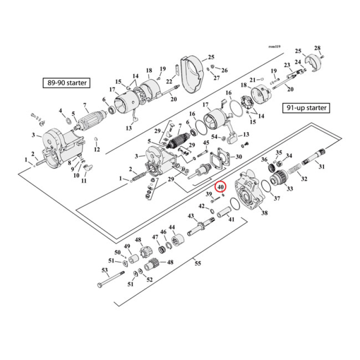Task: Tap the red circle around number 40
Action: pyautogui.click(x=220, y=186)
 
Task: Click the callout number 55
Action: pyautogui.click(x=198, y=263)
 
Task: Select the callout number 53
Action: pyautogui.click(x=105, y=270)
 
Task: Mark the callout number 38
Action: pyautogui.click(x=264, y=213)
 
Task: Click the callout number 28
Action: pyautogui.click(x=317, y=48)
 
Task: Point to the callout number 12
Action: pyautogui.click(x=97, y=149)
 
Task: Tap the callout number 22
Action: pyautogui.click(x=169, y=81)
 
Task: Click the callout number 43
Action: pyautogui.click(x=190, y=216)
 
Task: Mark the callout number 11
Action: pyautogui.click(x=84, y=181)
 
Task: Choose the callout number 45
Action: pyautogui.click(x=206, y=143)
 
